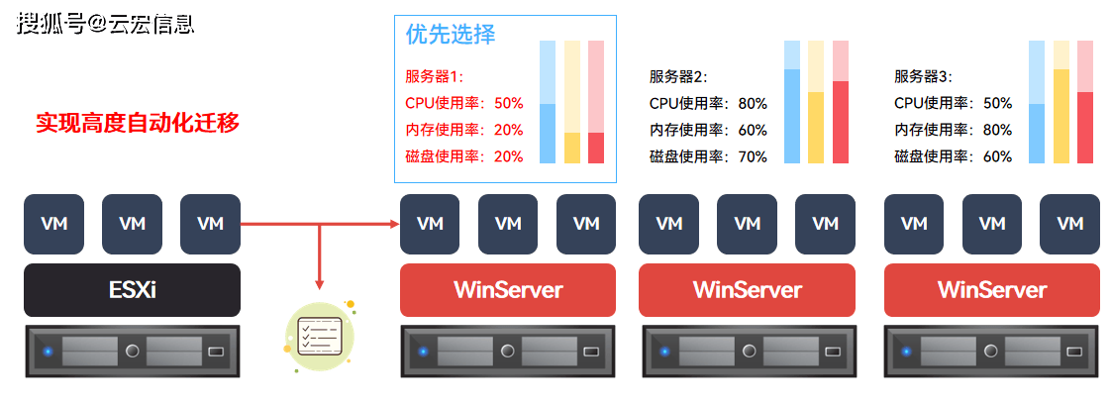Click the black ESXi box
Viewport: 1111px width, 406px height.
(x=133, y=290)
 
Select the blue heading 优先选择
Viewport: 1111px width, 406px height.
(x=451, y=34)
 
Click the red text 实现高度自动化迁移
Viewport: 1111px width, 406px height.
(x=139, y=124)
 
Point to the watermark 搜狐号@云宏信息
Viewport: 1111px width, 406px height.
(x=106, y=24)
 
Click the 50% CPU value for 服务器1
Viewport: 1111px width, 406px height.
(x=509, y=103)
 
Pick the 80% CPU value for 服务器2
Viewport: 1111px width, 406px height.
(x=753, y=103)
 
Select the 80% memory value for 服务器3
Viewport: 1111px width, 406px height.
(x=997, y=131)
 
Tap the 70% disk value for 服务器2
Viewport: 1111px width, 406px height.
(x=753, y=156)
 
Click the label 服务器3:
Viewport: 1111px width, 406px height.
(x=923, y=77)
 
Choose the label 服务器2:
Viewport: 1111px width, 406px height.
(x=678, y=77)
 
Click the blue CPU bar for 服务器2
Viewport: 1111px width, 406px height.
(x=792, y=116)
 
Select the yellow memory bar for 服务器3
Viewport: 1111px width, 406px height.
(x=1060, y=116)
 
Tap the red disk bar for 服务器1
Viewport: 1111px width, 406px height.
(x=597, y=149)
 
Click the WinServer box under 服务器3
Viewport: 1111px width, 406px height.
(x=992, y=290)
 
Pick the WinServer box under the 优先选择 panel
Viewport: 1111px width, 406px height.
(x=508, y=290)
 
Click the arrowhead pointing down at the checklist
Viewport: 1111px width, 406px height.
(x=320, y=284)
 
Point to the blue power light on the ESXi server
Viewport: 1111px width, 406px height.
(x=48, y=352)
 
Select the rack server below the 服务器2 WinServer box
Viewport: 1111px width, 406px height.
(x=750, y=352)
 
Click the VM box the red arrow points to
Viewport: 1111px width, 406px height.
(x=430, y=224)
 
